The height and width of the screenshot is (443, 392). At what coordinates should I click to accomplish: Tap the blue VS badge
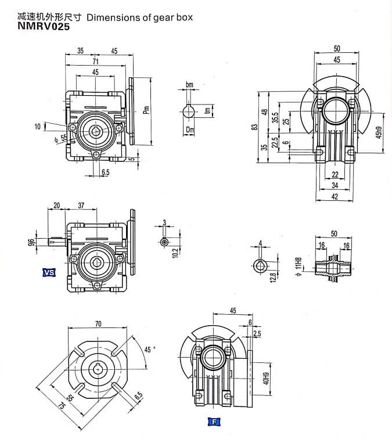[49, 272]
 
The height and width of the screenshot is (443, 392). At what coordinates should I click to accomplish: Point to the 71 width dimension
[95, 61]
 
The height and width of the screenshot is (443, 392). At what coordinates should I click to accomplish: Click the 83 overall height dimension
[254, 127]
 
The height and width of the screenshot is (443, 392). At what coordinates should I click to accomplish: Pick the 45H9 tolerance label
[379, 133]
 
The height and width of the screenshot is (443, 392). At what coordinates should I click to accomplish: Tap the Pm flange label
[146, 110]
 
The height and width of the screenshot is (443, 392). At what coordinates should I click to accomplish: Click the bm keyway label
[189, 85]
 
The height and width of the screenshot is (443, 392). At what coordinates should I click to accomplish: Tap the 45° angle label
[149, 350]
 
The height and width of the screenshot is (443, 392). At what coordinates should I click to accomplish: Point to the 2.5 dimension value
[257, 334]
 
